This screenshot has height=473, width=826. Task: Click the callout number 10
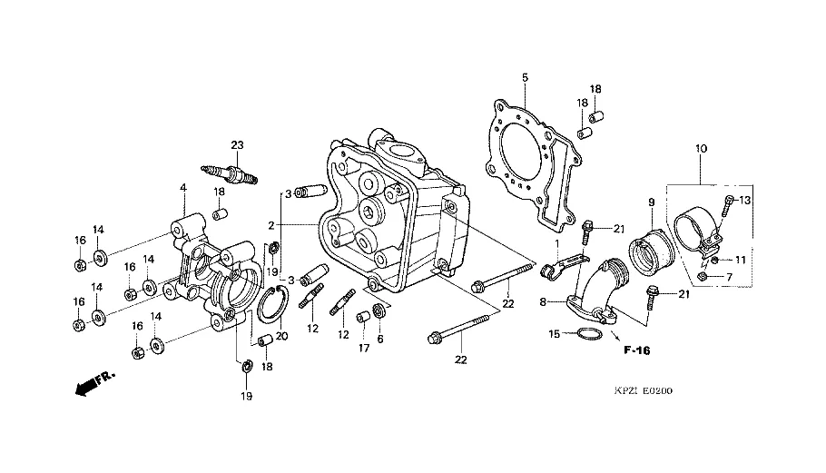[x=700, y=148]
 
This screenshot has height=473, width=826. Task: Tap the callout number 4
[x=182, y=189]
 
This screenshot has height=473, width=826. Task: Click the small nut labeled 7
[x=704, y=276]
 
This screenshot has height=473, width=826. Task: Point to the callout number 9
[x=651, y=202]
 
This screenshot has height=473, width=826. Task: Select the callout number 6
[x=381, y=339]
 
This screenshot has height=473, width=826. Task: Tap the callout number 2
[x=271, y=223]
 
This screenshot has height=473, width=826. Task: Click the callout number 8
[x=544, y=301]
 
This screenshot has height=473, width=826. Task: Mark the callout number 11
[x=740, y=260]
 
